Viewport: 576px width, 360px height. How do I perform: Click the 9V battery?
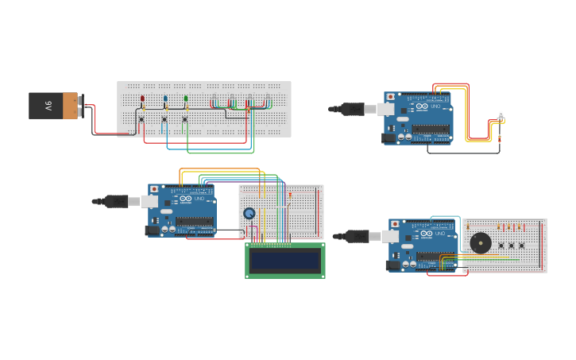[54, 106]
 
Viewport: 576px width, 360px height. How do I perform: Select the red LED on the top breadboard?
[142, 99]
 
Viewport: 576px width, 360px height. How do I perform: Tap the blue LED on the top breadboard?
[165, 99]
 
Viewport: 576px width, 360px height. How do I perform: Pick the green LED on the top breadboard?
[186, 99]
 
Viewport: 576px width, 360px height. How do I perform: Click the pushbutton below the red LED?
[141, 120]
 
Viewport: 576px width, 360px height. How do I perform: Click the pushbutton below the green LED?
[184, 120]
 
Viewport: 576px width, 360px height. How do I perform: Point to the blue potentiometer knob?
[249, 213]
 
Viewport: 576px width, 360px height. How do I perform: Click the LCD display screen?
[284, 260]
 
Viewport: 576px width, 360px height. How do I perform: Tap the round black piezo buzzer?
[480, 243]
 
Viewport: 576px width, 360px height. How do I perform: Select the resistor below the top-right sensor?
[500, 138]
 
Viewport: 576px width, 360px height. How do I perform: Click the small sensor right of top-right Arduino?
[501, 117]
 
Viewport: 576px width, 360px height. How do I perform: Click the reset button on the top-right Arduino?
[389, 97]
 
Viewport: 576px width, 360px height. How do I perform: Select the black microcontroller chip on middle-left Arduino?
[195, 222]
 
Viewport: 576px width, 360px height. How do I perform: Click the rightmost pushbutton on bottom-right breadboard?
[522, 246]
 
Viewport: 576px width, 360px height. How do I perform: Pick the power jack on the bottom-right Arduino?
[392, 265]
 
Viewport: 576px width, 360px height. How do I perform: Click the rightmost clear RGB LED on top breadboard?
[268, 100]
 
